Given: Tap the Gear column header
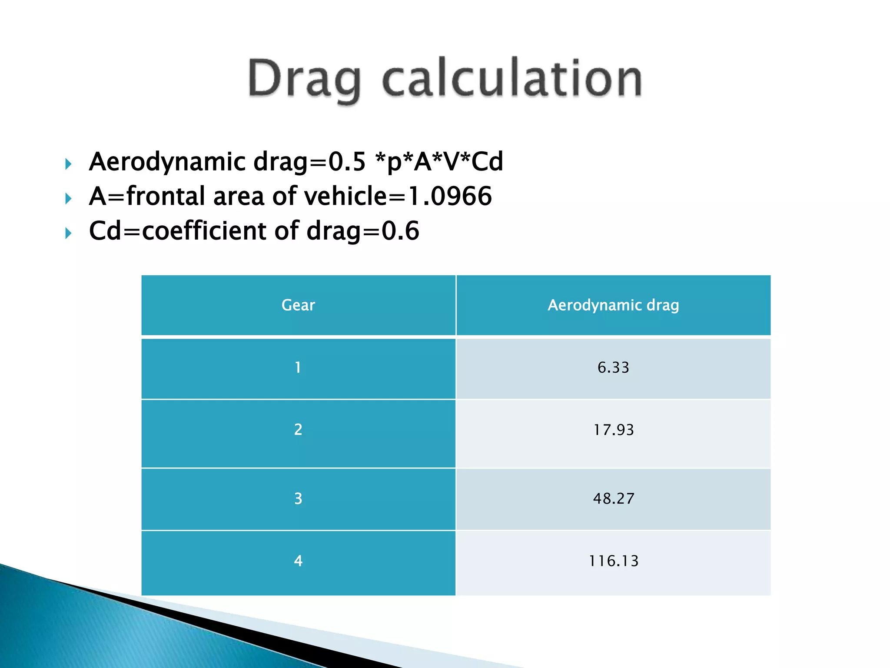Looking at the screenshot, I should (x=298, y=305).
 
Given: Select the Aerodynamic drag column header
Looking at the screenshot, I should (x=613, y=305).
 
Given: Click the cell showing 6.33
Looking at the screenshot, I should (x=613, y=368).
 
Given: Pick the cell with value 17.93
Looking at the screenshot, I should (x=613, y=430).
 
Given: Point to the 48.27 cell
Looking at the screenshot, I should (x=613, y=498).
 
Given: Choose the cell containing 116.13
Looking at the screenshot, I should (x=613, y=561).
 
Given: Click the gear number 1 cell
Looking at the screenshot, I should (x=298, y=368).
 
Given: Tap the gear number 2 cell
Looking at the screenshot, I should (x=298, y=430).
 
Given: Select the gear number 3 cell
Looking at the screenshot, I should (x=298, y=498).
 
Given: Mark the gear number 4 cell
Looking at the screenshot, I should (x=298, y=561).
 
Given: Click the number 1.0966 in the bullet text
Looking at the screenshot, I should (x=450, y=196).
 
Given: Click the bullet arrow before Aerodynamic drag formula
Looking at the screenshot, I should (x=68, y=164).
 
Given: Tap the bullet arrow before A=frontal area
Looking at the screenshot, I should (x=68, y=199).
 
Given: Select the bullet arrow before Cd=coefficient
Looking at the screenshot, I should (x=68, y=234).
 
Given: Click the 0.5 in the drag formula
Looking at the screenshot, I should (x=347, y=162).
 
